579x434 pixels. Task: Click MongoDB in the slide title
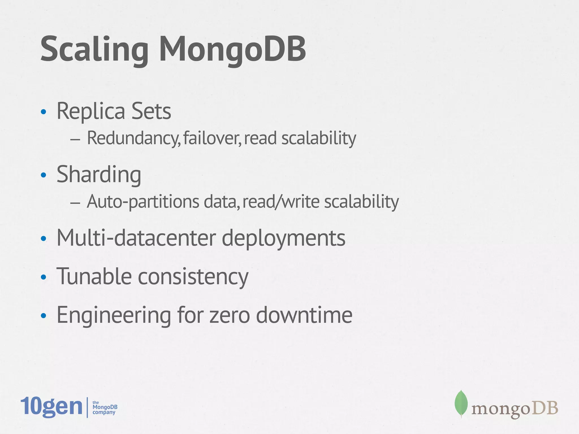coord(232,49)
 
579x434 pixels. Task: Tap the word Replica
coord(91,111)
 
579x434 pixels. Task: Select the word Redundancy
coord(133,138)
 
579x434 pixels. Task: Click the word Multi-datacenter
coord(136,238)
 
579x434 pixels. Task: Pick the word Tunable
coord(94,277)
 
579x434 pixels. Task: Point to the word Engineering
coord(114,315)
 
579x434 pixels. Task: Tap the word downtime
coord(304,315)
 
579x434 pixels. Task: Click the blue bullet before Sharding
coord(43,175)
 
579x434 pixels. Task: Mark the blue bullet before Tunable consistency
coord(43,277)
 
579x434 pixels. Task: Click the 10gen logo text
coord(51,407)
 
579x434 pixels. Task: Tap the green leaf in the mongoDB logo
coord(461,403)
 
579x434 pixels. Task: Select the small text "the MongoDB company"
coord(105,407)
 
